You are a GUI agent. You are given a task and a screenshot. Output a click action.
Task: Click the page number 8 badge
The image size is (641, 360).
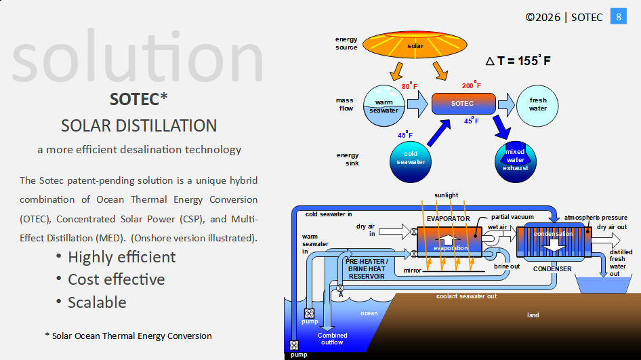pos(619,17)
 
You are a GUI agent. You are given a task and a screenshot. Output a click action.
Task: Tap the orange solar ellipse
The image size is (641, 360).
pos(415,46)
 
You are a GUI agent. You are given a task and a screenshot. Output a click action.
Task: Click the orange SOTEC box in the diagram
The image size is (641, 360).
pos(463,104)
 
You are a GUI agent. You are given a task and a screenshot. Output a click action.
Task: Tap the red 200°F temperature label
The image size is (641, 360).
pos(472,85)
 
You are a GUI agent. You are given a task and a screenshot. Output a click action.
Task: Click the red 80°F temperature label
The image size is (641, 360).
pos(409,86)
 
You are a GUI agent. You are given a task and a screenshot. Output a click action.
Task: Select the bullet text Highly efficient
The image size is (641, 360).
pos(121,257)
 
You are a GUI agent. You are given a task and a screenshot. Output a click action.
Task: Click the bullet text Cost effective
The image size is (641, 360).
pos(116,279)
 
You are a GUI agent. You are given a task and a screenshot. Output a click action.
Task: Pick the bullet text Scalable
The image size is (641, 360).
pos(97,302)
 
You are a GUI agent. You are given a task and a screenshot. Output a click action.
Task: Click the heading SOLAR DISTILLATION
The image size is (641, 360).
pos(139,125)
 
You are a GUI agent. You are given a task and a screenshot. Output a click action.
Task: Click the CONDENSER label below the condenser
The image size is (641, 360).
pos(552,269)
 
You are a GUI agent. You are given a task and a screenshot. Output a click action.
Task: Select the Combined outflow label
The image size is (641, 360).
pos(333,338)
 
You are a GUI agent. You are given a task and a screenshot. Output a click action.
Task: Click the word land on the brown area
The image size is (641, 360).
pos(533,315)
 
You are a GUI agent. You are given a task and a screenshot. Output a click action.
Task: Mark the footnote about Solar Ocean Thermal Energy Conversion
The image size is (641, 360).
pos(128,336)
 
